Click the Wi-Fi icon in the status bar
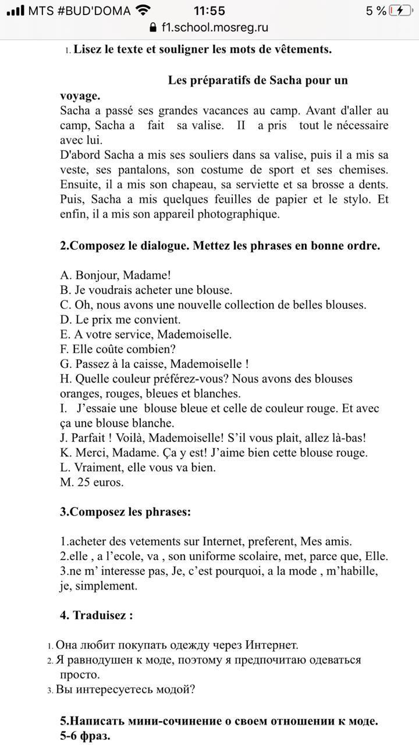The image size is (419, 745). point(141,10)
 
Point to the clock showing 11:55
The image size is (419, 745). point(210,10)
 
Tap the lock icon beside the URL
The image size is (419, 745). point(154,27)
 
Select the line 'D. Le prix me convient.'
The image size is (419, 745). point(120,320)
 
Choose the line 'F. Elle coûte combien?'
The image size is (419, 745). point(118,349)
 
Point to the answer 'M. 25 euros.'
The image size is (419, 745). point(91,483)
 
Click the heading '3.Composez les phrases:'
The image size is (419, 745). point(125,512)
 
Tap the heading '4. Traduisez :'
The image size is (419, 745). point(96,615)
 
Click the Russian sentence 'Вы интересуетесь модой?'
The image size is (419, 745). point(125,690)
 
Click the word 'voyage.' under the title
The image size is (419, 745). point(80,96)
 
